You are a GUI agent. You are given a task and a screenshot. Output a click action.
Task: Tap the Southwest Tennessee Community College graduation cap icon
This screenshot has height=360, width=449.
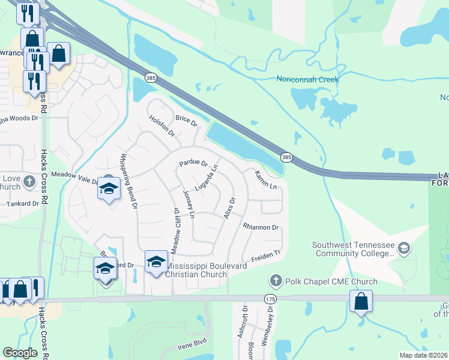point(404,247)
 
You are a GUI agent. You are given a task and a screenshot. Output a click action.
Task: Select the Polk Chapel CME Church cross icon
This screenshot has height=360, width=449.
point(276,281)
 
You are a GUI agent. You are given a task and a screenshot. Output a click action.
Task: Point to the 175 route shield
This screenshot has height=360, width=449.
point(269,298)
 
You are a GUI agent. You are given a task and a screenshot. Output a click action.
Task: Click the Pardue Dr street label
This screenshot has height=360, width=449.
point(193,163)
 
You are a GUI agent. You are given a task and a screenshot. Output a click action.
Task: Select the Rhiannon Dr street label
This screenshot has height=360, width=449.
point(261,227)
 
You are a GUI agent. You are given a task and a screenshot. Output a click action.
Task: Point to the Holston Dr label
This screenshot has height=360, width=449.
point(161,125)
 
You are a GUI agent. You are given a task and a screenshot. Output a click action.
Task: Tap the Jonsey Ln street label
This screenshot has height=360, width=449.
point(188,204)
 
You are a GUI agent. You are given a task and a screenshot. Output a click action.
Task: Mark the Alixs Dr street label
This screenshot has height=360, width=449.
point(229,208)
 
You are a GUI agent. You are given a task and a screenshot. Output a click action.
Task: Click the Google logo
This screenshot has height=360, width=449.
point(20,353)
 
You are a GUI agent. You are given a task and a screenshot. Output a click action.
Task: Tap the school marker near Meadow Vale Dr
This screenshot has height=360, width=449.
point(109,188)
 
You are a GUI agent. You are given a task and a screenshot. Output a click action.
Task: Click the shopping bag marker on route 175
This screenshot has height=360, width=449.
point(361,301)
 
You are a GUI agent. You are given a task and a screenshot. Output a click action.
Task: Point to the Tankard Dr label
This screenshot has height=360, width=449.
point(22,203)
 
